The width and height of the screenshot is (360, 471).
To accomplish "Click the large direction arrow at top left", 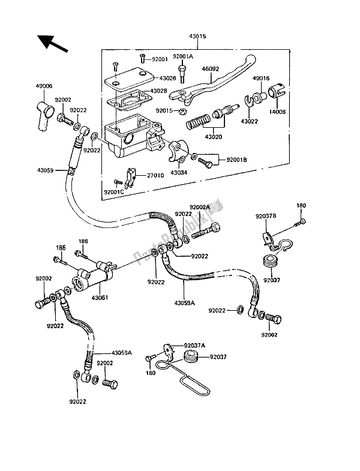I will click(x=53, y=44).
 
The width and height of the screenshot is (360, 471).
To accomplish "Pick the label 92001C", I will click(x=115, y=192).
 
